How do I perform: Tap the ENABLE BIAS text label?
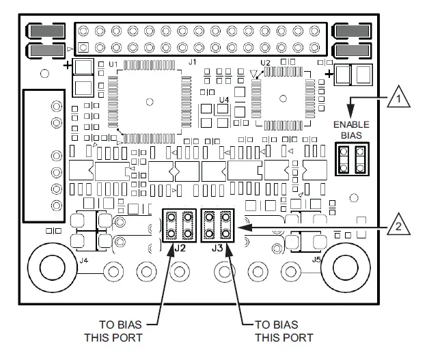tap(350, 130)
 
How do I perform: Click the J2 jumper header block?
tap(179, 225)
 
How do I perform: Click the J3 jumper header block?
tap(218, 225)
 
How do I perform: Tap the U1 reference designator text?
tap(113, 65)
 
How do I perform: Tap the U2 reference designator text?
tap(265, 64)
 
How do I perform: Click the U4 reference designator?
tap(223, 100)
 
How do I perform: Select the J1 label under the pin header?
tap(192, 63)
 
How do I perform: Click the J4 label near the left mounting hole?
tap(83, 260)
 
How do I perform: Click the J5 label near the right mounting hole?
tap(316, 260)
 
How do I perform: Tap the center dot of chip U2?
tap(281, 96)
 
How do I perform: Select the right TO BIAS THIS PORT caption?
tap(284, 331)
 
